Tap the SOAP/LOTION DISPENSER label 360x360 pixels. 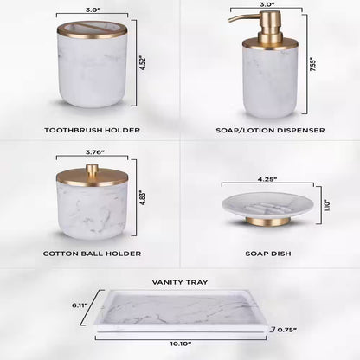click(269, 130)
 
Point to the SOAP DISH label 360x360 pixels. click(269, 255)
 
